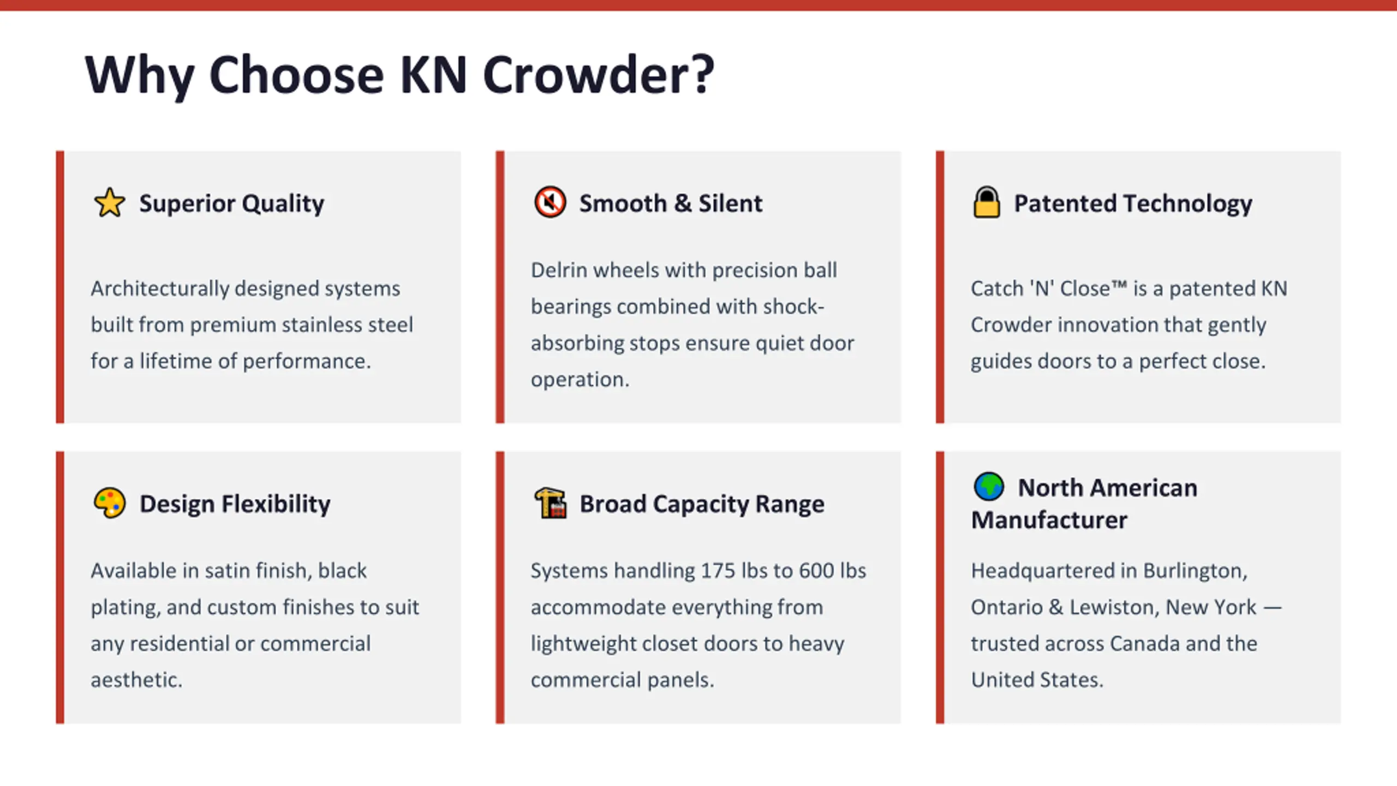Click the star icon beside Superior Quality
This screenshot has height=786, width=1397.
click(x=110, y=203)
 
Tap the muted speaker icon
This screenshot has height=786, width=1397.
click(x=550, y=202)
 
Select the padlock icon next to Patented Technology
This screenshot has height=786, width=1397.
click(x=987, y=202)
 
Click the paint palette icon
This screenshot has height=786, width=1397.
click(x=110, y=503)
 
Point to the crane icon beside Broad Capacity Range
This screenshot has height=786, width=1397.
click(x=550, y=503)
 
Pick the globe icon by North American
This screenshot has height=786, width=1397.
click(x=989, y=486)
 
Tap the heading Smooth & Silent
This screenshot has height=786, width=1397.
click(x=671, y=203)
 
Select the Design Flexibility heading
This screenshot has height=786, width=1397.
click(x=235, y=504)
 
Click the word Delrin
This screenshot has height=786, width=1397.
click(x=558, y=270)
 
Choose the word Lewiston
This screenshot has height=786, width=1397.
click(x=1108, y=608)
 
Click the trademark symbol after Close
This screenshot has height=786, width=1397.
click(x=1119, y=284)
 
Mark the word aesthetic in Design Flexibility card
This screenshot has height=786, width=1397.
click(x=136, y=680)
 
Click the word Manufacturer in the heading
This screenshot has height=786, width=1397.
click(x=1049, y=520)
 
